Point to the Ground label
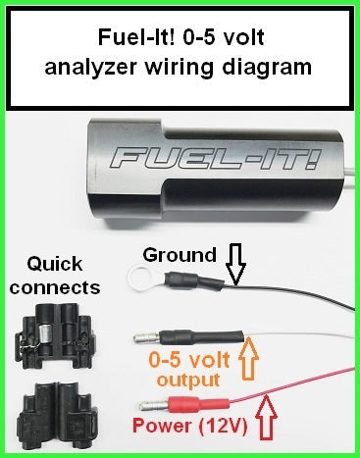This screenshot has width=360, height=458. click(180, 255)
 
